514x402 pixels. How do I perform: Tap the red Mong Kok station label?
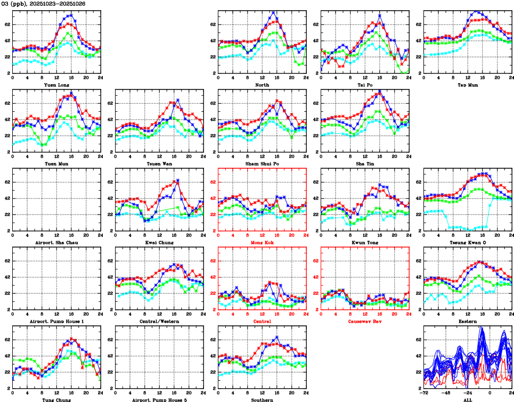pos(262,242)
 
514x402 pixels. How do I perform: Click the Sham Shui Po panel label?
pos(262,163)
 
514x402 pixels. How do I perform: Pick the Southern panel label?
pos(262,400)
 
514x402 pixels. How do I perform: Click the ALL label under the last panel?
pos(467,400)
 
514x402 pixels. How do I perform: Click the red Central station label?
pos(262,322)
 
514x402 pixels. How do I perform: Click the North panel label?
pos(262,85)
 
